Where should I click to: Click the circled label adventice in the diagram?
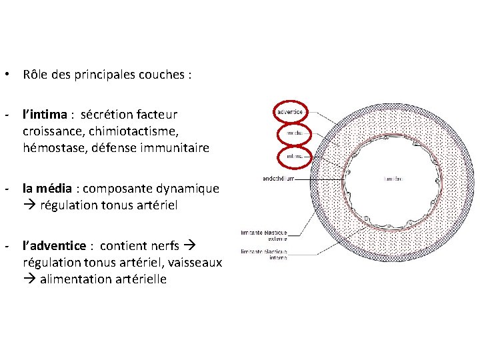tap(290, 111)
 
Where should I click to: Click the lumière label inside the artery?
tap(393, 179)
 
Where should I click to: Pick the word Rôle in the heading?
tap(35, 75)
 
